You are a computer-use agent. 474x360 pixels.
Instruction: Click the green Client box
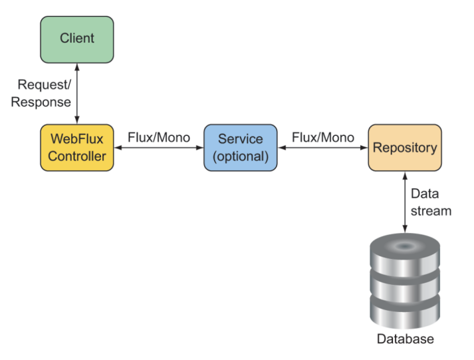coord(77,39)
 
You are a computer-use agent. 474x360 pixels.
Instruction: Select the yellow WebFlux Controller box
coord(77,148)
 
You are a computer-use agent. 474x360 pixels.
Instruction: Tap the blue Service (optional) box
coord(240,148)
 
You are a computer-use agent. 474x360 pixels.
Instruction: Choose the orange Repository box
coord(405,147)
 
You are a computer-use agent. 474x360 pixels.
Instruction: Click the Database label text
coord(406,339)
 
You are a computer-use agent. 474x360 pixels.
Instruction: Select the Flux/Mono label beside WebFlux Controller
coord(159,138)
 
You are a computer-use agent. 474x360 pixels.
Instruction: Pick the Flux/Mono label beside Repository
coord(323,138)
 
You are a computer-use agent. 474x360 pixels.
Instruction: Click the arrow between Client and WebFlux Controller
coord(78,93)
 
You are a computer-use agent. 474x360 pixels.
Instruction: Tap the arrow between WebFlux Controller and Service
coord(158,149)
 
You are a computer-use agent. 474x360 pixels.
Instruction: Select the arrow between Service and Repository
coord(322,149)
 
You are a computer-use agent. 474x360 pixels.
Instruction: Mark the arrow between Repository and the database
coord(404,202)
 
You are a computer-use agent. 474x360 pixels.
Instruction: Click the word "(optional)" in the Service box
coord(240,156)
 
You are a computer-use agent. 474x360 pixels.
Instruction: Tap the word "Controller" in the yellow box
coord(77,156)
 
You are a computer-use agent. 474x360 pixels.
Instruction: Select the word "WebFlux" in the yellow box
coord(77,139)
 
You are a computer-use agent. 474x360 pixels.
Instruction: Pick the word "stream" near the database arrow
coord(431,211)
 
